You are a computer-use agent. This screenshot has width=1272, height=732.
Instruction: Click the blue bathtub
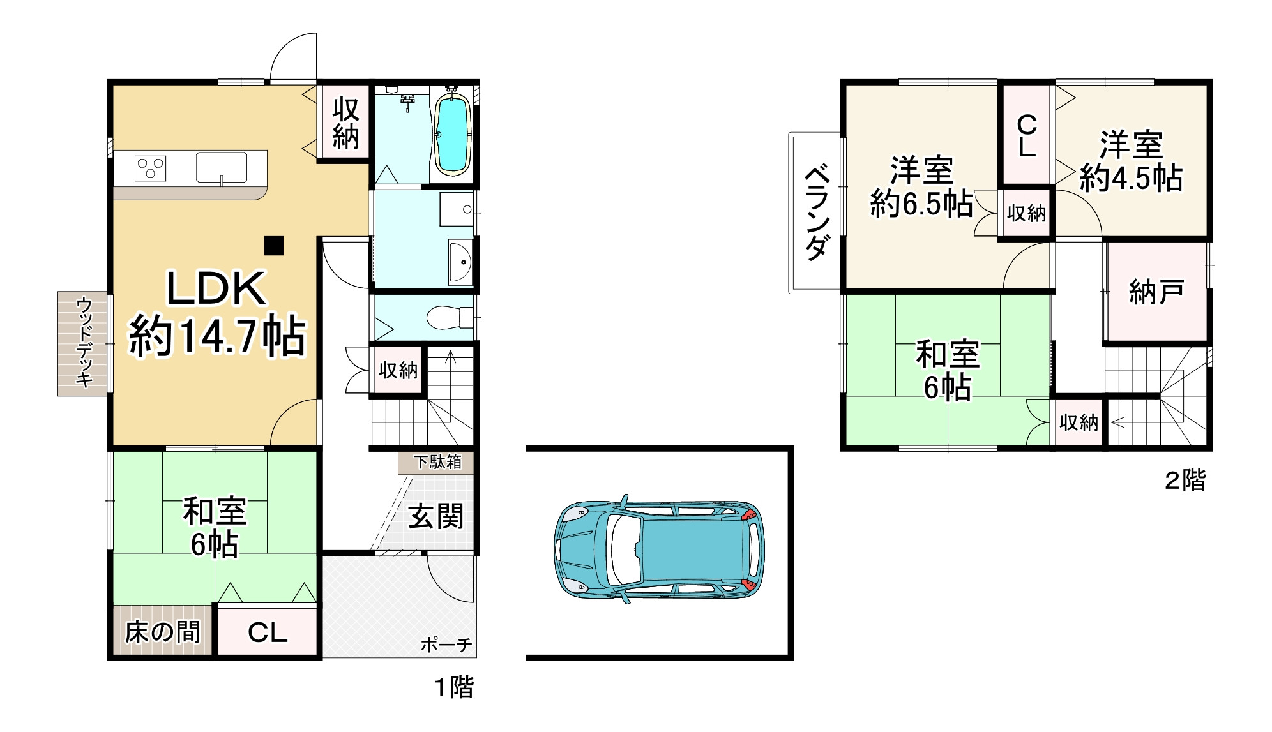453,134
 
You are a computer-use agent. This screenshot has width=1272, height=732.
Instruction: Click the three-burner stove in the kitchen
151,168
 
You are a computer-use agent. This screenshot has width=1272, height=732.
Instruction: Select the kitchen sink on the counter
221,167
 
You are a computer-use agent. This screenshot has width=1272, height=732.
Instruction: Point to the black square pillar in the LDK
274,246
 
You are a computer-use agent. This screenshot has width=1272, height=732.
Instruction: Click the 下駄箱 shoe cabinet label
437,462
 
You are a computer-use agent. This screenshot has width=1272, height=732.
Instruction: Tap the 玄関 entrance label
435,516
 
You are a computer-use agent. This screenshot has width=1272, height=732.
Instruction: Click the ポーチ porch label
446,645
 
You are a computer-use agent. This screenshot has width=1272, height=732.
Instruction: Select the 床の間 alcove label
162,632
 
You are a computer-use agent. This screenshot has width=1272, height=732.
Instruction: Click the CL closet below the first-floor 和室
268,632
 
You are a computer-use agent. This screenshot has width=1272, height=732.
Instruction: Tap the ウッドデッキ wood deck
83,343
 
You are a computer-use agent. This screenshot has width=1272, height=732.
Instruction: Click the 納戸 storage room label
1156,292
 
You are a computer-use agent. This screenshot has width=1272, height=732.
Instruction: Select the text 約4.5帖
1131,179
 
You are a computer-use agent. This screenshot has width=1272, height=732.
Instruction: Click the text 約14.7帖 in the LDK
218,336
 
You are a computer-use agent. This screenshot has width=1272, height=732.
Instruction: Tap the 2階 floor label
1185,481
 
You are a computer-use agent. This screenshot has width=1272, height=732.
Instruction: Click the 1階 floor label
454,687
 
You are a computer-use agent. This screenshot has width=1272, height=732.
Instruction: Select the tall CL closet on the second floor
1026,135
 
